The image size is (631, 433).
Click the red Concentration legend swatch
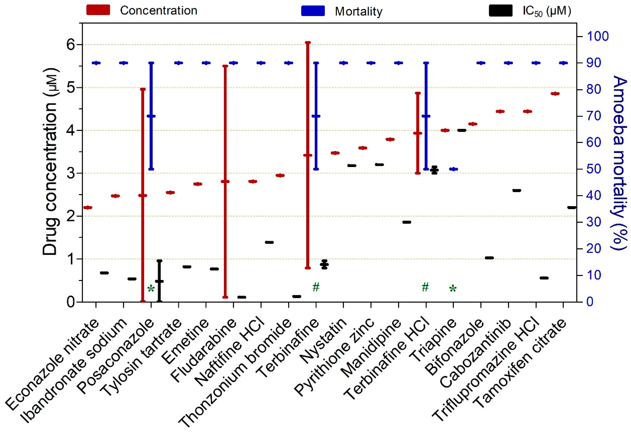pos(98,10)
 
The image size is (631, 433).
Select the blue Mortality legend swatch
pos(313,11)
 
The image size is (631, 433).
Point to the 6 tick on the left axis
pos(71,45)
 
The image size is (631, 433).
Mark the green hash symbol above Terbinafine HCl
pos(425,287)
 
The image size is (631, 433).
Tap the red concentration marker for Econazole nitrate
pos(88,207)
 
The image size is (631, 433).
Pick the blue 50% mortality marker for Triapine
pos(453,169)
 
